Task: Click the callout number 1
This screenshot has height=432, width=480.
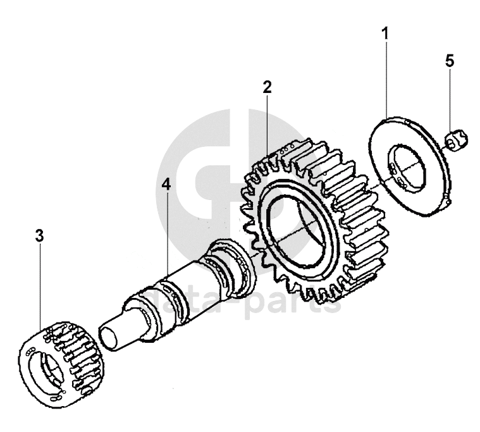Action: click(x=385, y=34)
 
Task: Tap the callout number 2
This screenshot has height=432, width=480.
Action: click(x=267, y=87)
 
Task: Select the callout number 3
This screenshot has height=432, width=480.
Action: click(x=39, y=236)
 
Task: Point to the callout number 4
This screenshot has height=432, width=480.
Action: click(x=166, y=184)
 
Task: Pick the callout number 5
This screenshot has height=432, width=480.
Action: click(x=450, y=61)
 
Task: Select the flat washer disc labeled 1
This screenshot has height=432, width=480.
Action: click(x=409, y=166)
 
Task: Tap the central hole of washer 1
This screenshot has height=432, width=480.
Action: click(x=407, y=168)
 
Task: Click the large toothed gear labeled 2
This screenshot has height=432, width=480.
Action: click(x=312, y=221)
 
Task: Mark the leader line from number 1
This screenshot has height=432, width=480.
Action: click(x=386, y=80)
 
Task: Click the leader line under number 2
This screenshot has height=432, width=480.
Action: click(x=268, y=125)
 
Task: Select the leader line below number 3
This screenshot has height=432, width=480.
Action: click(x=40, y=287)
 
